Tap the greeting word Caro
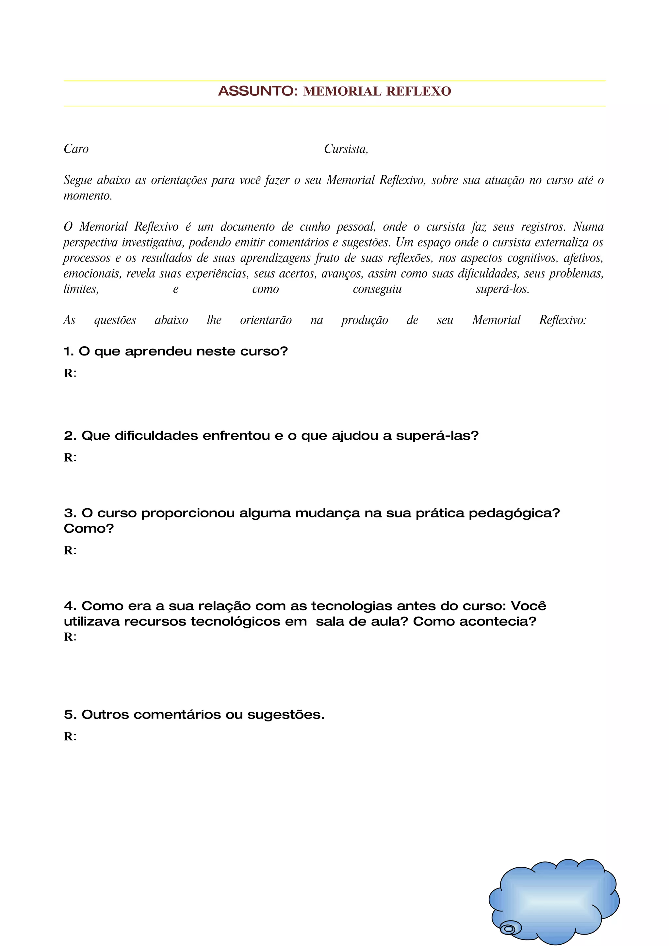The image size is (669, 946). pos(76,149)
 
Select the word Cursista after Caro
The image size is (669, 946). pos(345,149)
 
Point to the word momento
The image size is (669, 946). pos(88,196)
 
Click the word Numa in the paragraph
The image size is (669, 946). pos(588,227)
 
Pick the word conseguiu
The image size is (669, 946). pos(377,289)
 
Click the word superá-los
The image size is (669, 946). pos(502,289)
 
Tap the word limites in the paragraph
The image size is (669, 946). pos(81,289)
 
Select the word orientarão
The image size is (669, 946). pos(266,321)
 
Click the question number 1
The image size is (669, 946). pos(68,352)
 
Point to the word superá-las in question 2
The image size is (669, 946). pos(437,436)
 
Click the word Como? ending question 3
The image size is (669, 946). pos(89,528)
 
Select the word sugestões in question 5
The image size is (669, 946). pos(285,715)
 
